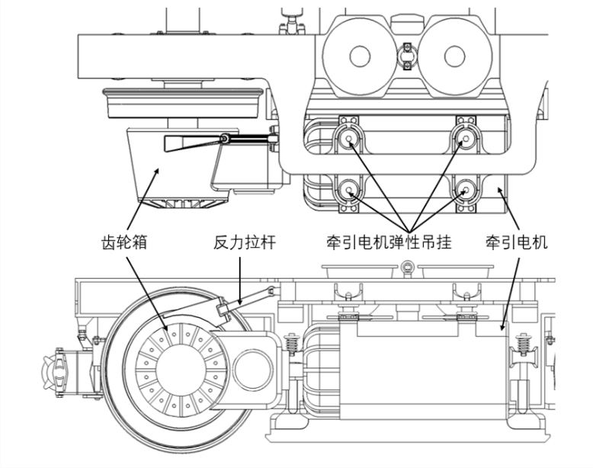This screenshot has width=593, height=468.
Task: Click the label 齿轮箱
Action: [124, 243]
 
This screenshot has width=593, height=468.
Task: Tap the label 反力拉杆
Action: [244, 243]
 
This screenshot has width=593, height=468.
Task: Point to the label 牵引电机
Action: [517, 243]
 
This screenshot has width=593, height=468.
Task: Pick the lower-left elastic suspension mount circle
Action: [350, 191]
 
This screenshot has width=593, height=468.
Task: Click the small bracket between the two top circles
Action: [408, 54]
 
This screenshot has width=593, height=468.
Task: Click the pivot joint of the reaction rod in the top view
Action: [226, 138]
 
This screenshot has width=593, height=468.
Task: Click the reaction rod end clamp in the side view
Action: [224, 309]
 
